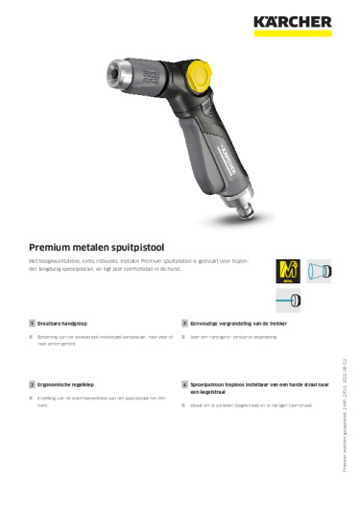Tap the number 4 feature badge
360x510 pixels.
coord(183,382)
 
